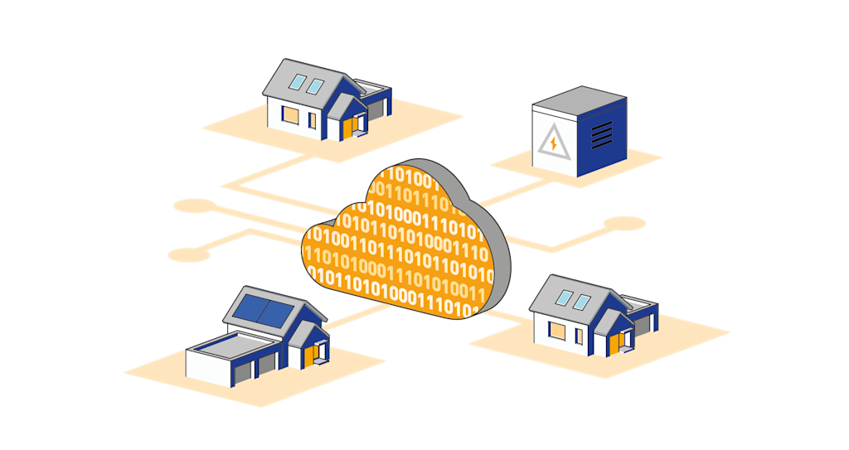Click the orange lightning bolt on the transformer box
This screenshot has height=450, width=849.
coord(553,143)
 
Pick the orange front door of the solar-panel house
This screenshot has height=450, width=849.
coord(309,356)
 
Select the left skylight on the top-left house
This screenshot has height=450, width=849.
coord(297,82)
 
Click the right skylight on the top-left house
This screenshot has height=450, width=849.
coord(316,85)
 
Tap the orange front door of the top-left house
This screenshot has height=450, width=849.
coord(347,128)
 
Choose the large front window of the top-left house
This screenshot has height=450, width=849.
coord(289,114)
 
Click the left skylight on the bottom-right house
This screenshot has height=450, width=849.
coord(564,298)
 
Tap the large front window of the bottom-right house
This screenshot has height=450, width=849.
coord(557,331)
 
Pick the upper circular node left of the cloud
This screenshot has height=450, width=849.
coord(195,206)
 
